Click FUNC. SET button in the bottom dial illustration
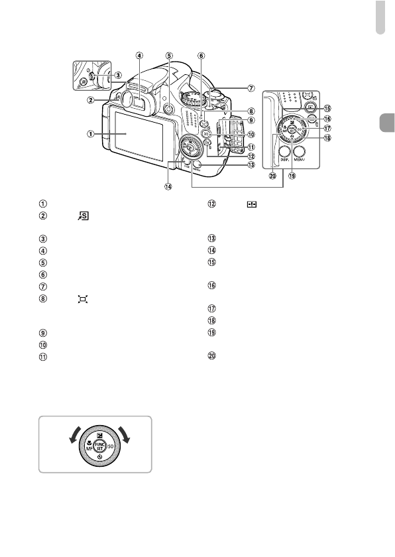[95, 444]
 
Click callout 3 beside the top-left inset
[117, 75]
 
